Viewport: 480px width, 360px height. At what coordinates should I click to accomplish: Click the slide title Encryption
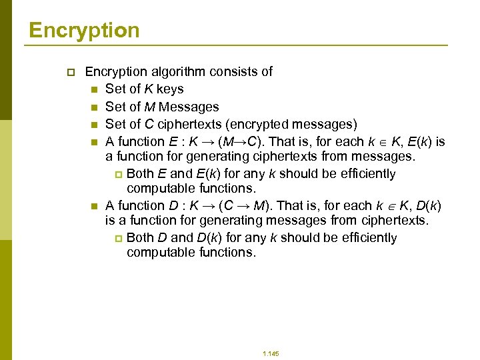point(84,30)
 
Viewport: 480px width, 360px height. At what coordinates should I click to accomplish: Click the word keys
point(170,89)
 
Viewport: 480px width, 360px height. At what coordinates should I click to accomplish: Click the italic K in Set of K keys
point(150,89)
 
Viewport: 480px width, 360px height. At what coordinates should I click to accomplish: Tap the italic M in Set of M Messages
point(151,107)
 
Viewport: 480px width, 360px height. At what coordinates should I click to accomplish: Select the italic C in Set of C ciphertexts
point(151,124)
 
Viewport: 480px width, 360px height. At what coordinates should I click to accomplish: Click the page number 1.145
point(271,353)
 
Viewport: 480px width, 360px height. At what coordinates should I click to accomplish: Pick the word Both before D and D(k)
point(140,238)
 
